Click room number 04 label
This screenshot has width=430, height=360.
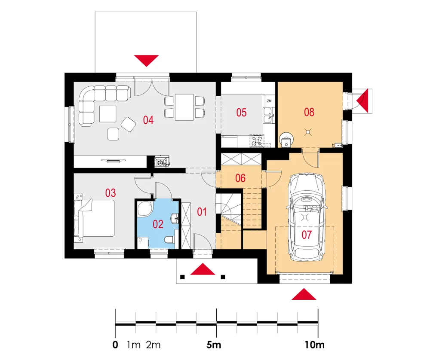click(x=148, y=120)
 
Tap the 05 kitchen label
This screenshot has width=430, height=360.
click(x=241, y=113)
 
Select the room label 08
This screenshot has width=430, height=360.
click(x=309, y=112)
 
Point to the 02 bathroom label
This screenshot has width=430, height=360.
click(x=158, y=224)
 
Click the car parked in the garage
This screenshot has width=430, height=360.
click(x=306, y=217)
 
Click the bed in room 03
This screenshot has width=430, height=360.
click(x=94, y=218)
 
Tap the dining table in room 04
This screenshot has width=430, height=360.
click(x=184, y=107)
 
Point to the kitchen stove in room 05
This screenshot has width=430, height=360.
click(x=257, y=141)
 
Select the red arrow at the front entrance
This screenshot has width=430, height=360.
click(x=203, y=269)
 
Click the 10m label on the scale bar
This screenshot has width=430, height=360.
click(x=315, y=345)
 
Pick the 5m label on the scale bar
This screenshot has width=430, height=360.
click(x=214, y=345)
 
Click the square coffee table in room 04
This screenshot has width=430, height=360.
click(x=108, y=114)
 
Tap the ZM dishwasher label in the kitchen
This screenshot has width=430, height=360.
click(x=269, y=101)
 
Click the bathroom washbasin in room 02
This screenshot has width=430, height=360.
click(x=175, y=218)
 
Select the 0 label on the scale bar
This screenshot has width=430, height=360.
click(x=115, y=345)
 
